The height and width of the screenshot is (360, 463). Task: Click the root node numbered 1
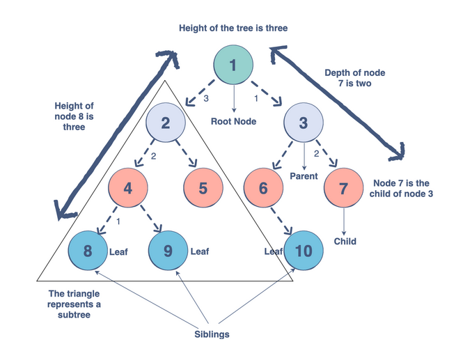click(233, 65)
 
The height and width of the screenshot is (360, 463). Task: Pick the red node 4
click(127, 189)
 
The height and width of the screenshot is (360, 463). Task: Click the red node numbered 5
click(203, 189)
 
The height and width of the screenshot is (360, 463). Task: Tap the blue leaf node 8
click(88, 251)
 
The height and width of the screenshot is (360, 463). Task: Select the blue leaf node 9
click(167, 251)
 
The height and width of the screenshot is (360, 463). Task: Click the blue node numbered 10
click(304, 251)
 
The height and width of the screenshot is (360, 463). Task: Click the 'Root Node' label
click(233, 121)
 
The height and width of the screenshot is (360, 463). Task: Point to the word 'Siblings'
click(212, 334)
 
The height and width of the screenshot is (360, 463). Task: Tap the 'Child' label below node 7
click(345, 242)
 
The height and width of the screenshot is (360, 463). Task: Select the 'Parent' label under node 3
click(304, 176)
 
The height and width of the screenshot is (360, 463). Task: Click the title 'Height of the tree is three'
click(233, 28)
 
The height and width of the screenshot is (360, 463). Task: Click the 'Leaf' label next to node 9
click(200, 251)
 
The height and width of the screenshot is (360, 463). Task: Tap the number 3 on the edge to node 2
click(205, 99)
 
